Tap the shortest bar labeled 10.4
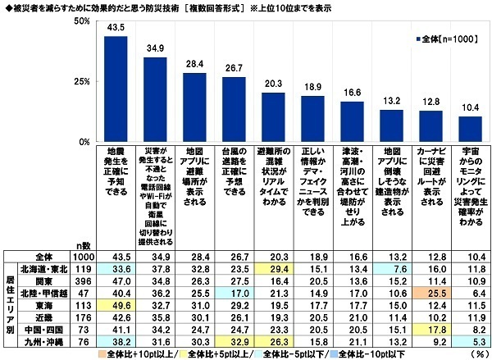click(470, 129)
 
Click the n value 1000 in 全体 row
click(82, 256)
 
